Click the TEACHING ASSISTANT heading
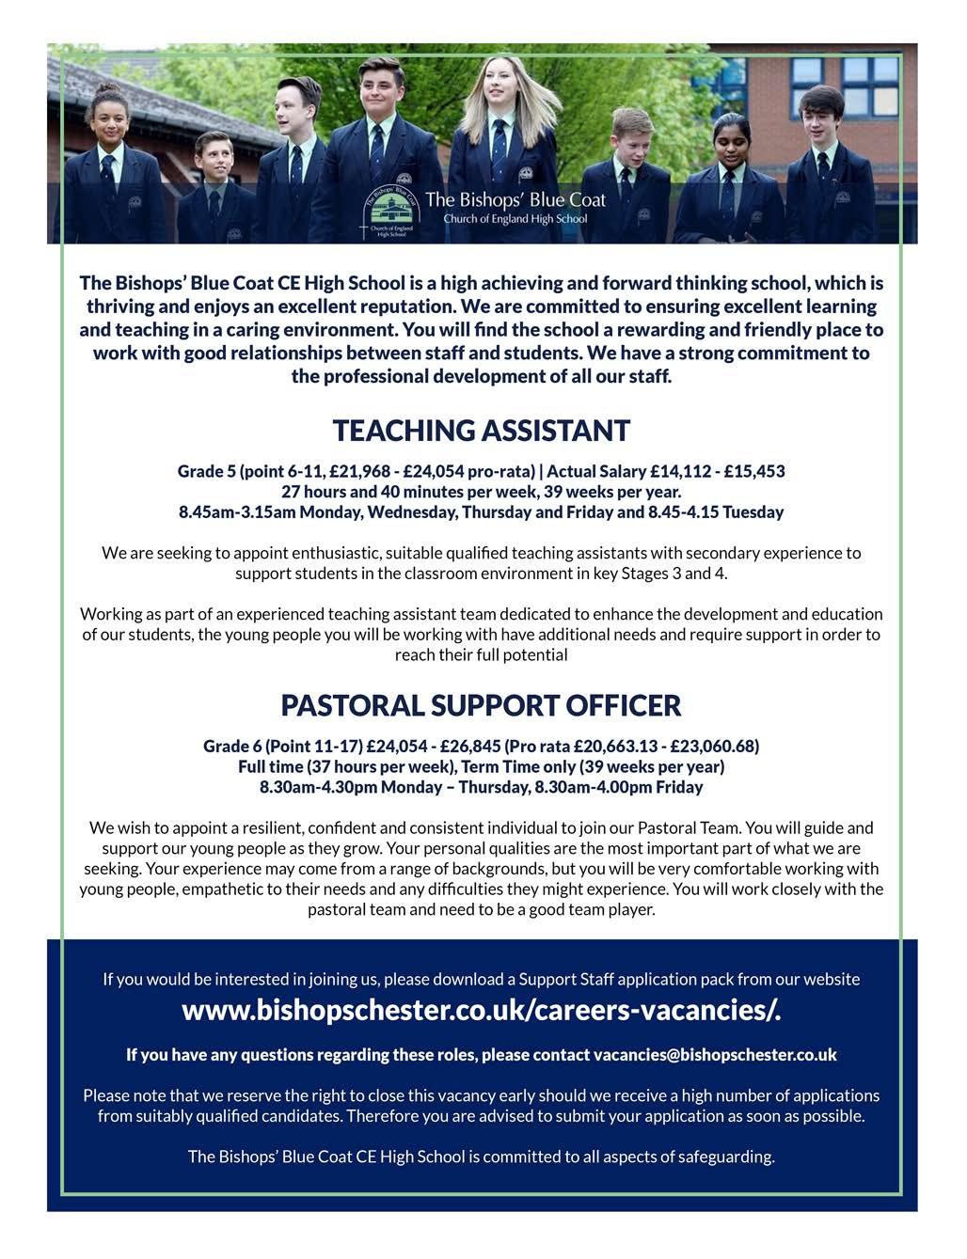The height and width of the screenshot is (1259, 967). coord(481,431)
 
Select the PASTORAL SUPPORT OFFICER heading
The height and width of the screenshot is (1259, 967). coord(481,705)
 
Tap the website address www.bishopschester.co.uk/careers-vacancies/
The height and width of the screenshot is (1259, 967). coord(481,1011)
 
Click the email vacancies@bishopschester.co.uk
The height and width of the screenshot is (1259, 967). coord(715,1055)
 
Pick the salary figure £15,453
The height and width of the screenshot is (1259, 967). coord(751,471)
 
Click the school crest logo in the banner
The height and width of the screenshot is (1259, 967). coord(391,209)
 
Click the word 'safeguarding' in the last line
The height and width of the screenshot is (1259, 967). coord(725,1157)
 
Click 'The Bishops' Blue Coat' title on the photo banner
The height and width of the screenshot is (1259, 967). coord(515,199)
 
